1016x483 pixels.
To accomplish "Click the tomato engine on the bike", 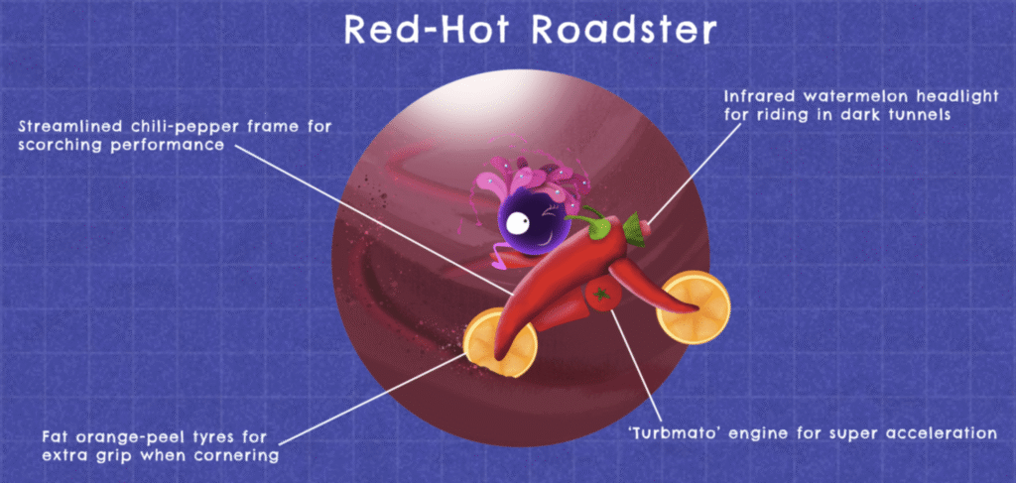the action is [x=603, y=295].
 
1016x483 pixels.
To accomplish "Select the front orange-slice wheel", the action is [x=694, y=307].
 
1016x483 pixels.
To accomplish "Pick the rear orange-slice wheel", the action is [x=501, y=341].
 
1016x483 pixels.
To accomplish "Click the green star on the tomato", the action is [x=602, y=295].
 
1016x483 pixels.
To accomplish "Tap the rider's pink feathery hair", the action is [x=532, y=181].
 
